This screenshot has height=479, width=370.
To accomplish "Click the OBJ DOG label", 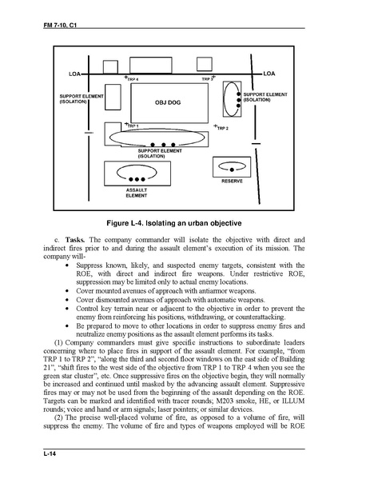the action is [168, 102].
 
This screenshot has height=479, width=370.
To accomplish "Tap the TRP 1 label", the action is [133, 126].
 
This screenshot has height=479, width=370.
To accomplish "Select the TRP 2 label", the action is [223, 128].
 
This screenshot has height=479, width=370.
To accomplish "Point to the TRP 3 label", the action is [207, 79].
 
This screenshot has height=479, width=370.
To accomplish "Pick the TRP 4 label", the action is [133, 79].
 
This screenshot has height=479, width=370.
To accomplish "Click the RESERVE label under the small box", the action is [232, 182].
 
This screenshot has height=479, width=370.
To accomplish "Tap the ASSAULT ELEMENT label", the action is [137, 193].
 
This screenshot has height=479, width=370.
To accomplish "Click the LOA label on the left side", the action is [74, 74].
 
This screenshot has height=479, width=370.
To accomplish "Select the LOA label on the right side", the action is [269, 74].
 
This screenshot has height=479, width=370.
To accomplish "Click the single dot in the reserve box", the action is [232, 170].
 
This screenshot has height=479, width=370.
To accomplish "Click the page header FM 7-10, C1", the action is [60, 25].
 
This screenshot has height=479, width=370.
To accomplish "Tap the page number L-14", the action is [50, 453].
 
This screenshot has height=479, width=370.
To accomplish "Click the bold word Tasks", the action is [75, 240].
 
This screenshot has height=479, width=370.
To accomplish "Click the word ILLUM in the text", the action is [295, 401].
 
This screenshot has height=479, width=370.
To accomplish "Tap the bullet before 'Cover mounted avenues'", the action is [67, 291].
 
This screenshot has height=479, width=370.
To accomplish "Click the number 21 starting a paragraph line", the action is [46, 368].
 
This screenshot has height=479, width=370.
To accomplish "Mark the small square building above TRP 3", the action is [205, 64].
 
